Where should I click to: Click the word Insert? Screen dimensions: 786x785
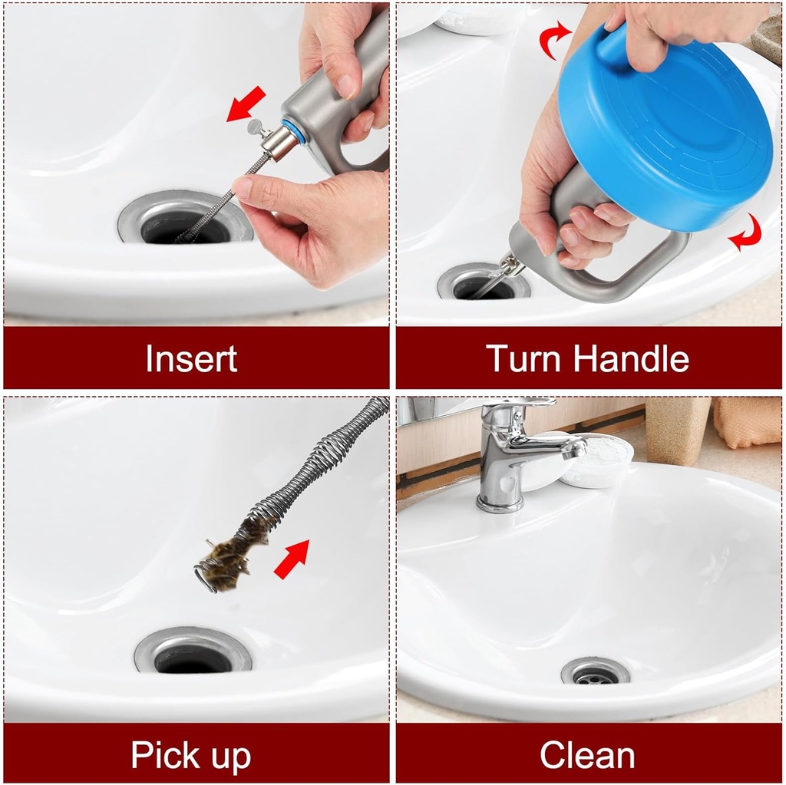191,359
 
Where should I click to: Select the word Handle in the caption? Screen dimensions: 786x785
632,359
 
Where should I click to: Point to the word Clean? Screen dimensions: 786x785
587,755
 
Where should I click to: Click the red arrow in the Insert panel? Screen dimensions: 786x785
246,104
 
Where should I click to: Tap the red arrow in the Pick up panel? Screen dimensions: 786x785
292,559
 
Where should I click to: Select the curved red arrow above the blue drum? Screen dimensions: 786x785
554,40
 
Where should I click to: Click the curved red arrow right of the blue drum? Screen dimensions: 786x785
746,233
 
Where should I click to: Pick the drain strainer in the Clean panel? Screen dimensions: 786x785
595,672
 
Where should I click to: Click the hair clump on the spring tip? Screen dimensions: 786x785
230,556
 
